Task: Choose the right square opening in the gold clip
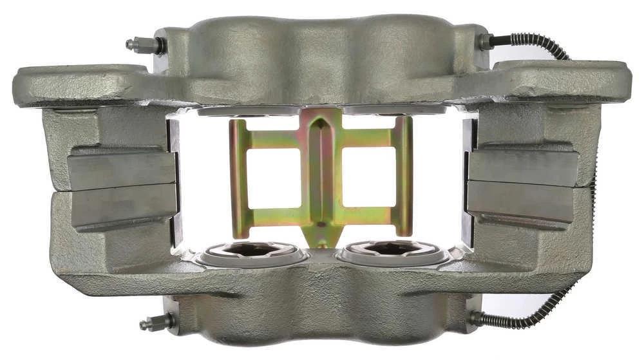click(368, 177)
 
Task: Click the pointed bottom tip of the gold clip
click(319, 241)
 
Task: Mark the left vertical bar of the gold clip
click(238, 177)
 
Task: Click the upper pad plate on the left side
click(122, 169)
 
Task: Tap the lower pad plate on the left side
click(124, 205)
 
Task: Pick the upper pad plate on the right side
click(523, 167)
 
